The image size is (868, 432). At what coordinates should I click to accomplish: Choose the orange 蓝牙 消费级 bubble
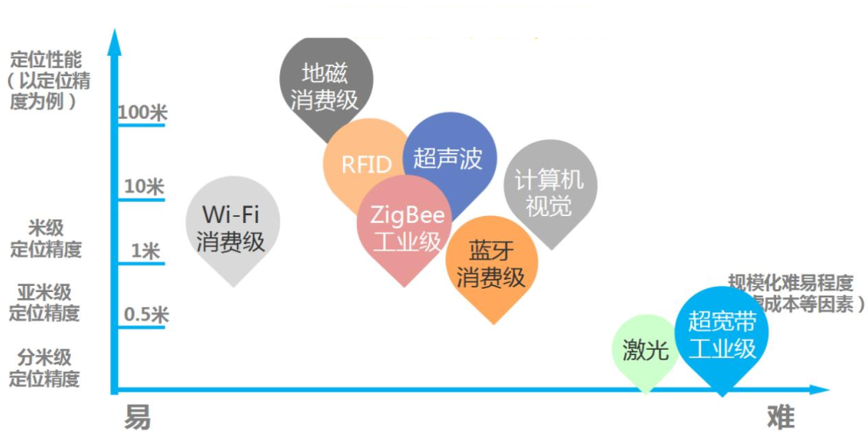[x=491, y=264]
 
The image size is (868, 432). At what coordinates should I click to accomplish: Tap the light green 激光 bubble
[x=646, y=351]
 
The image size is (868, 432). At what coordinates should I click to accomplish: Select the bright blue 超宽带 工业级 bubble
[x=722, y=336]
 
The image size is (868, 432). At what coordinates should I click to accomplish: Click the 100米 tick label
[x=142, y=113]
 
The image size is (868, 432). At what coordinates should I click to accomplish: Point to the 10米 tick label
[x=143, y=186]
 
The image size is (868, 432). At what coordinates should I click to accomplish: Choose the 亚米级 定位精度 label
[x=45, y=302]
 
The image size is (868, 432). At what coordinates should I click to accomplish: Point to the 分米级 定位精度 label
[x=45, y=367]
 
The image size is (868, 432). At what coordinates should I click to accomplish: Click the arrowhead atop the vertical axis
[x=114, y=37]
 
